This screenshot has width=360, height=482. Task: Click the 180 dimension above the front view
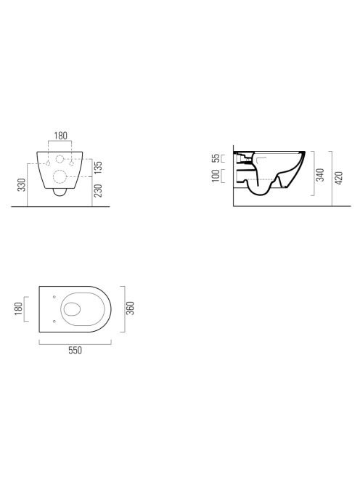pyautogui.click(x=60, y=136)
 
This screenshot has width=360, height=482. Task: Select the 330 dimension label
pyautogui.click(x=22, y=185)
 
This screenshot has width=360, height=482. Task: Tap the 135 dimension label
pyautogui.click(x=98, y=168)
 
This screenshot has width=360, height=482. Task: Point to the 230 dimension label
pyautogui.click(x=98, y=191)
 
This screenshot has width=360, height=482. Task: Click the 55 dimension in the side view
pyautogui.click(x=216, y=158)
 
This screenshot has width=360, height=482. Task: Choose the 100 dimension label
pyautogui.click(x=216, y=176)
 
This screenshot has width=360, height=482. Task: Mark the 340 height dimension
pyautogui.click(x=320, y=175)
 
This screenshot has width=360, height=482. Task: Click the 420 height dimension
pyautogui.click(x=338, y=179)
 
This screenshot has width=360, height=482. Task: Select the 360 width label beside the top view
pyautogui.click(x=131, y=309)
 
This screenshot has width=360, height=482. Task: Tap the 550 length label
pyautogui.click(x=75, y=351)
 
